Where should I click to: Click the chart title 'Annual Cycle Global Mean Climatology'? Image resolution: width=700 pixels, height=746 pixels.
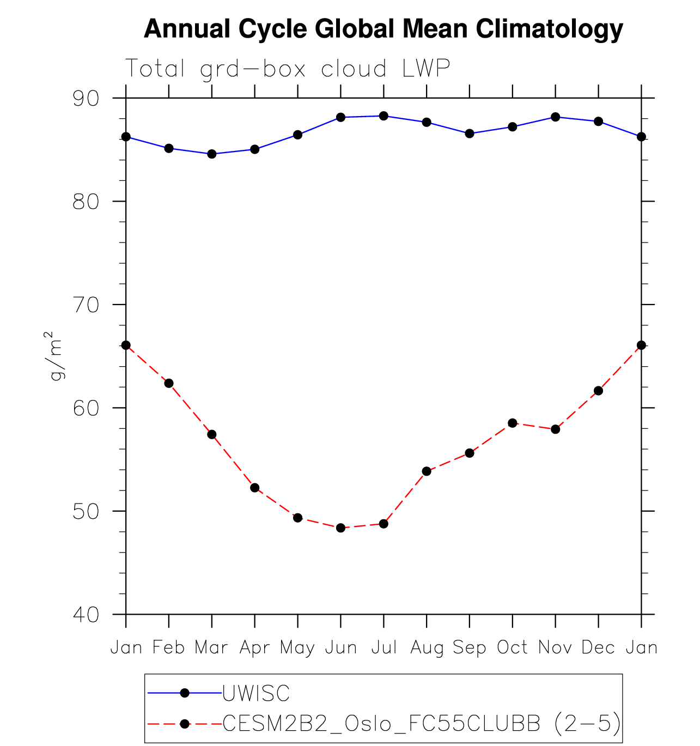[383, 29]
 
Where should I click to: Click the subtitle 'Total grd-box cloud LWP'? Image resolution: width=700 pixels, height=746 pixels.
[288, 69]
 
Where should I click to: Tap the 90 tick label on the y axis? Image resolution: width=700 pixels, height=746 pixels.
[86, 99]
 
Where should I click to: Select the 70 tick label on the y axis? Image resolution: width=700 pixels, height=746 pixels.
[86, 305]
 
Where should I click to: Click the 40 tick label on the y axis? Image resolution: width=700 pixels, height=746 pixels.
[86, 615]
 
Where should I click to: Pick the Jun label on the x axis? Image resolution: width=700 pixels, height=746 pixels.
[341, 647]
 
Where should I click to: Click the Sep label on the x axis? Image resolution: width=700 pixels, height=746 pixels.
[470, 647]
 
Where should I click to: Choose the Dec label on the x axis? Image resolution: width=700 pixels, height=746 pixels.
[598, 647]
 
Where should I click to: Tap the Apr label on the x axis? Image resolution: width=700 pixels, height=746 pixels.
[254, 647]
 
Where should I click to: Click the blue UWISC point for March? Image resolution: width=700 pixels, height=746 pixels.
[212, 154]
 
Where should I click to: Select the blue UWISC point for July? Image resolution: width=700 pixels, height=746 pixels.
[384, 116]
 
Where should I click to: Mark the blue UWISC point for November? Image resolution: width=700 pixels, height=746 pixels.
[555, 117]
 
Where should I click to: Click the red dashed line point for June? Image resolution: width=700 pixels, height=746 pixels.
[341, 527]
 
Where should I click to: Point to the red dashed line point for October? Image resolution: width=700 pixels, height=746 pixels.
[513, 423]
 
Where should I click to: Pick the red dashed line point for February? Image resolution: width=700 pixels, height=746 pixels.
[169, 383]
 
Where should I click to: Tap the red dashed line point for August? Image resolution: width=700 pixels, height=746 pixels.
[427, 471]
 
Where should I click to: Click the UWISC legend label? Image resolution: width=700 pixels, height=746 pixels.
[256, 693]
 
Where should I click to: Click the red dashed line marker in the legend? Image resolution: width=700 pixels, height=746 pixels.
[185, 724]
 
